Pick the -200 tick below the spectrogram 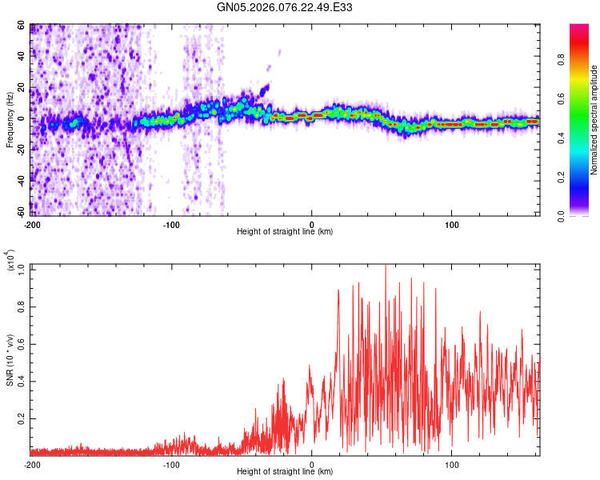[33, 223]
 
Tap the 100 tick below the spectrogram [452, 223]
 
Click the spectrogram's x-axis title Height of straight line [285, 232]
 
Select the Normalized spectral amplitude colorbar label [594, 120]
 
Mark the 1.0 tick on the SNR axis [22, 267]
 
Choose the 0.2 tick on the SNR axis [22, 418]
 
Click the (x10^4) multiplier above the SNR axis [10, 260]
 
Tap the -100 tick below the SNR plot [172, 464]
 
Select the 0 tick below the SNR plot [312, 464]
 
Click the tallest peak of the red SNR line [386, 266]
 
